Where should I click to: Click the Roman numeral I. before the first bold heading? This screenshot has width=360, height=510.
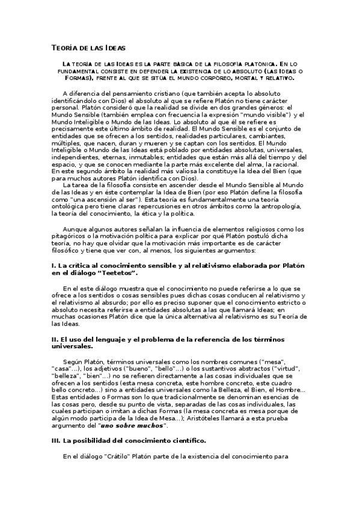coord(53,266)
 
